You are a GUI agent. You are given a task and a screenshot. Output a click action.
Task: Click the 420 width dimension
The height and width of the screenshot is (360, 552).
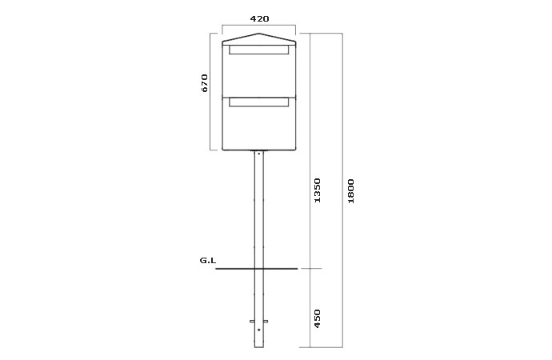coord(258,18)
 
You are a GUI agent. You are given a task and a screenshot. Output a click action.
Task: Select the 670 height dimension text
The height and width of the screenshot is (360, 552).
coord(205,83)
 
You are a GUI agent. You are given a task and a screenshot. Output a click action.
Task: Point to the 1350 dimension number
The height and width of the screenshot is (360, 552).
coord(317,190)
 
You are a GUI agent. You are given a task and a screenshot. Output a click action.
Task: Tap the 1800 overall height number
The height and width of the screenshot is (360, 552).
coord(351,190)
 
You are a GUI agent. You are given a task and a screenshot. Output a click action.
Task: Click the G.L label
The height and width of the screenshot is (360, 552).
coord(207,261)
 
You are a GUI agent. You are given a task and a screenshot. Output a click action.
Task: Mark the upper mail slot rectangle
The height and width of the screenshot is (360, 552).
coord(258,50)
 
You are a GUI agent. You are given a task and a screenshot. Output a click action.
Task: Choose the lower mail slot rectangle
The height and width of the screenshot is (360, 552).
coord(258,102)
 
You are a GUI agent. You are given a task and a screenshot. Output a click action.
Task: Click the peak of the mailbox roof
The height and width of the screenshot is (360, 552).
coord(258,34)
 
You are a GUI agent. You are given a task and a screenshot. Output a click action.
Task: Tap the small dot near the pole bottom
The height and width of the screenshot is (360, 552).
coord(259,330)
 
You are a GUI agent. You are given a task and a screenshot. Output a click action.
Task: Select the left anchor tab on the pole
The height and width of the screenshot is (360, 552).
coord(252,322)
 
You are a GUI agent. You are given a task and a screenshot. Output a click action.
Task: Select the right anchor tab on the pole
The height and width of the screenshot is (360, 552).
coord(266,322)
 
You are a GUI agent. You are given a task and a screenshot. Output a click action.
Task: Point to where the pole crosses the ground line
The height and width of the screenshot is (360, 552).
coord(258,268)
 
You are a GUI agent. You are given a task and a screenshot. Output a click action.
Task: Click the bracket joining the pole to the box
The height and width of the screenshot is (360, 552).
coord(258,152)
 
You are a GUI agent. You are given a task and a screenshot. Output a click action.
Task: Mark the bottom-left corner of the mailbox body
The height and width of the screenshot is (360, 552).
coord(222,150)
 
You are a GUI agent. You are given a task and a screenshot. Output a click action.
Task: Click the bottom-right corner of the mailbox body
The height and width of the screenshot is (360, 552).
coord(296,150)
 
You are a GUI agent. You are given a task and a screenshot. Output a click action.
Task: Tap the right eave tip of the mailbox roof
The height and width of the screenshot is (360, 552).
coord(296,43)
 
